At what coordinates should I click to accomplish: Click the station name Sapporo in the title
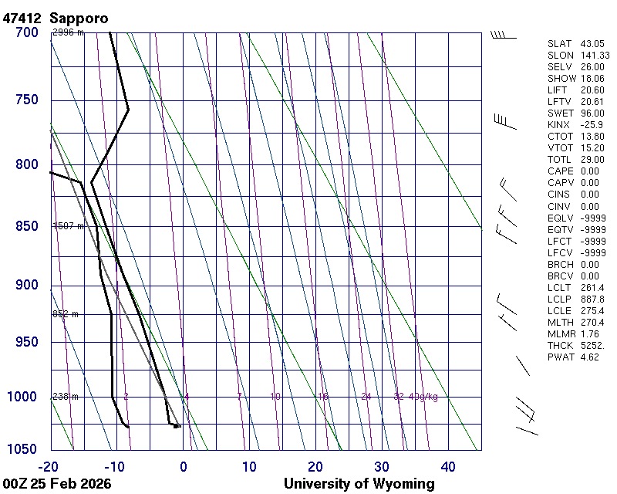pos(79,18)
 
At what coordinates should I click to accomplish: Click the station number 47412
pos(22,18)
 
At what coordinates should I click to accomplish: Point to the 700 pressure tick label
pos(26,32)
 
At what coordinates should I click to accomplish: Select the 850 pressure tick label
pos(26,226)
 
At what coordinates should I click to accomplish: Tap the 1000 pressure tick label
pos(22,397)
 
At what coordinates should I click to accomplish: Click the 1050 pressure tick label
pos(22,449)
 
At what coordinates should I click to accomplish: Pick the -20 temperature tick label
pos(49,466)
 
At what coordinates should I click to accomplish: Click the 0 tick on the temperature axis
pos(183,466)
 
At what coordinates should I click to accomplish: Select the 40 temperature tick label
pos(448,466)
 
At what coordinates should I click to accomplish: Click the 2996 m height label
pos(68,32)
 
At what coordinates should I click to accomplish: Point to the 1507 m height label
pos(68,226)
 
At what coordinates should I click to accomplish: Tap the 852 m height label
pos(66,314)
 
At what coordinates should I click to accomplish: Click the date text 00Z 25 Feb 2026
pos(57,484)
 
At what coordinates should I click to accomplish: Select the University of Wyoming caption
pos(359,484)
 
